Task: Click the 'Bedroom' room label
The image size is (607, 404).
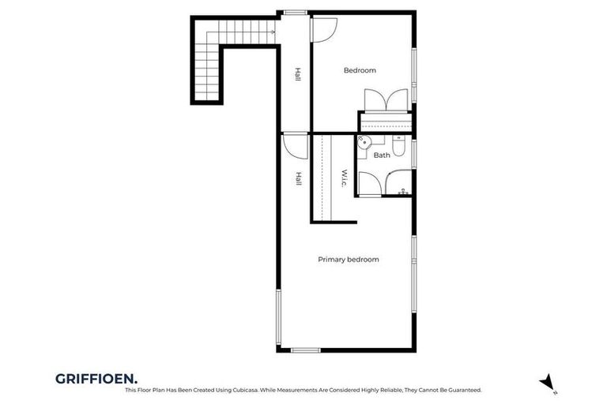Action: pyautogui.click(x=360, y=70)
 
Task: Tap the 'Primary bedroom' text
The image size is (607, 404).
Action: pyautogui.click(x=348, y=260)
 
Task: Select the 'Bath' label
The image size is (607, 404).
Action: pyautogui.click(x=382, y=155)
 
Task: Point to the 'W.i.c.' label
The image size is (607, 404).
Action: pyautogui.click(x=345, y=179)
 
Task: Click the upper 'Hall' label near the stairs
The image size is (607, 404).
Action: pyautogui.click(x=298, y=74)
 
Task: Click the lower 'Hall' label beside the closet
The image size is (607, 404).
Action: pyautogui.click(x=298, y=179)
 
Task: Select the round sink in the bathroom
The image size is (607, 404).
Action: pyautogui.click(x=364, y=143)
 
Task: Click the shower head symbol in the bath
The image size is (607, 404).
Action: pyautogui.click(x=403, y=191)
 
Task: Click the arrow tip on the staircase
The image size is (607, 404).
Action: pyautogui.click(x=273, y=32)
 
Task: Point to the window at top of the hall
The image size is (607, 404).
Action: pyautogui.click(x=296, y=13)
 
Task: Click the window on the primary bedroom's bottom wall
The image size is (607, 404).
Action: pyautogui.click(x=305, y=350)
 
